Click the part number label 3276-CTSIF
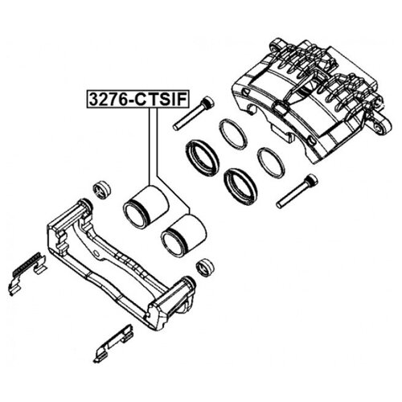point(137,100)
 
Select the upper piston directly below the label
point(146,207)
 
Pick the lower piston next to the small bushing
point(184,236)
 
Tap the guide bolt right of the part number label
point(194,113)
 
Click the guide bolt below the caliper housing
point(297,191)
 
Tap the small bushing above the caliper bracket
point(102,190)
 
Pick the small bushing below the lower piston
point(205,267)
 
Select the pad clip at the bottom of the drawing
point(113,343)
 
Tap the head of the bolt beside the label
point(208,102)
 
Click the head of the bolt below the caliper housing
point(311,179)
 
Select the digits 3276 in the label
point(109,100)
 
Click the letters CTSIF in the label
point(160,100)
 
